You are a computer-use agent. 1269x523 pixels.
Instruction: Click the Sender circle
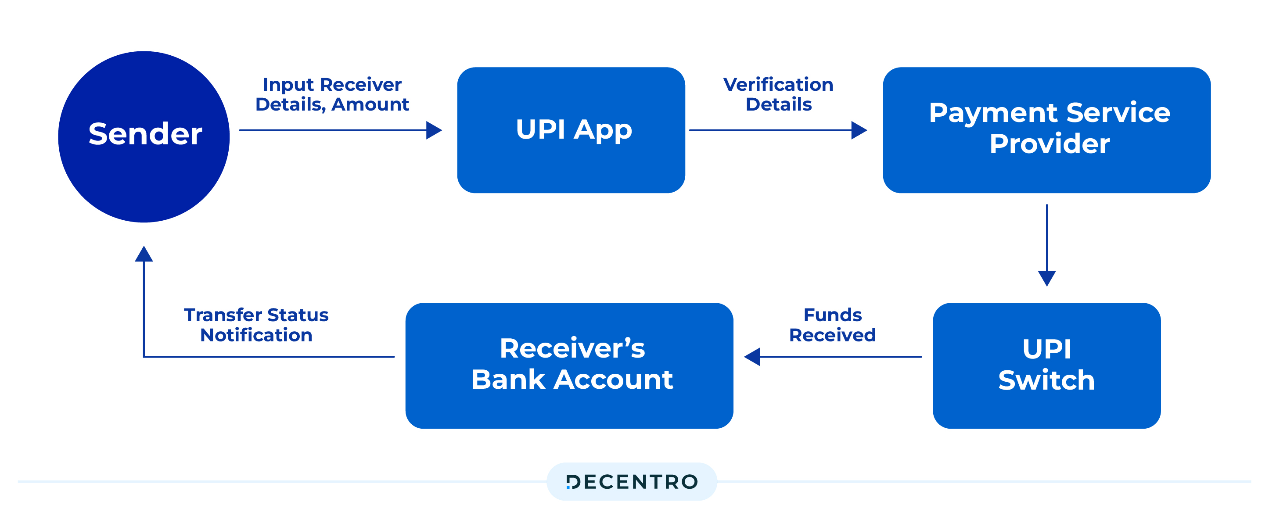pos(144,136)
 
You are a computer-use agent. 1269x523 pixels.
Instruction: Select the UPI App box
pos(571,130)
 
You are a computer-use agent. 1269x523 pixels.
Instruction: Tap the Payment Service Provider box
pos(1046,130)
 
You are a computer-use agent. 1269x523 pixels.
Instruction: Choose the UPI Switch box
pos(1046,365)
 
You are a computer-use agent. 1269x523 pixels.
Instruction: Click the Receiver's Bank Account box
pos(569,365)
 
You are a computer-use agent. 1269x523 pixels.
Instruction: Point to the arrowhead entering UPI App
pos(434,130)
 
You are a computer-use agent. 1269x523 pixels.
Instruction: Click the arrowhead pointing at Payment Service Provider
pos(859,130)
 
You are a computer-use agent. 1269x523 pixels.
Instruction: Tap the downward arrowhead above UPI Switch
pos(1046,278)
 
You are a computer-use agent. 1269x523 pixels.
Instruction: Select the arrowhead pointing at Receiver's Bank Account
pos(752,357)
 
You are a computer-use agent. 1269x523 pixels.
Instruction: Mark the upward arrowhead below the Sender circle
pos(144,254)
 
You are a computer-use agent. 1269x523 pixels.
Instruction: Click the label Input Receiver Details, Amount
pos(332,94)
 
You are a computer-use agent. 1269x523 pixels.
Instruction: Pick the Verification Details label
pos(778,94)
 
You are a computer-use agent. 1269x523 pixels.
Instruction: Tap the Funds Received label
pos(832,325)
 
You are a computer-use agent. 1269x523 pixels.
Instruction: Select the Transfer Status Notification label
pos(256,325)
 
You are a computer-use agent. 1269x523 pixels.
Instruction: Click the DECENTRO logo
pos(632,482)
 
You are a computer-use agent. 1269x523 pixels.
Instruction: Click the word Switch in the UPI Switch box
pos(1046,380)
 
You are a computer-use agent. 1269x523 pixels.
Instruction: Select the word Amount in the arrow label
pos(370,104)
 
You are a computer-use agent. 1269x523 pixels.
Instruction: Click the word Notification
pos(256,335)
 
